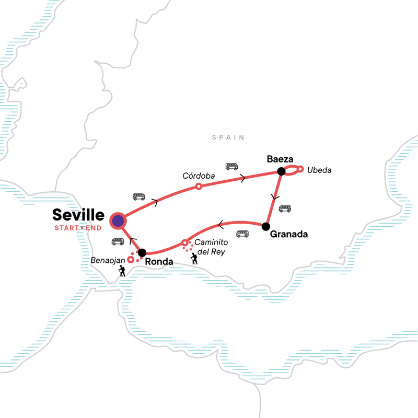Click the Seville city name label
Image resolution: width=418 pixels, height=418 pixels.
[78, 215]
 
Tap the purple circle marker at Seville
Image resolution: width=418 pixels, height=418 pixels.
[118, 220]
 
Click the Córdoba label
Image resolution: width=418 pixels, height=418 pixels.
[198, 177]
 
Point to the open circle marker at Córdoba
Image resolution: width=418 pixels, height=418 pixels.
[198, 187]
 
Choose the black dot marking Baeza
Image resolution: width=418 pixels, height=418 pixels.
[281, 171]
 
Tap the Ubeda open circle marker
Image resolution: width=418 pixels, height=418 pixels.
[300, 169]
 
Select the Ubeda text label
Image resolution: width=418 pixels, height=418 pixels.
[319, 170]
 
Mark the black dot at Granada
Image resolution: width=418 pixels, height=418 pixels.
[265, 226]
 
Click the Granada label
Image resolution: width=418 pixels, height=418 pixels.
[288, 235]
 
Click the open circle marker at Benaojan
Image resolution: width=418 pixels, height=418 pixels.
[131, 259]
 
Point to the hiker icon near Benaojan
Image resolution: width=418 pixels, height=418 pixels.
[122, 271]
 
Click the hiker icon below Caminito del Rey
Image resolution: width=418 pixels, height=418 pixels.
[194, 258]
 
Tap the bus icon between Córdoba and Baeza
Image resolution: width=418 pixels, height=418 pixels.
[231, 167]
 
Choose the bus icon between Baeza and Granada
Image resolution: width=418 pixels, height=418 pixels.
[285, 209]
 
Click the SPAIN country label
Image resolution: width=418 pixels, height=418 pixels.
[228, 137]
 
